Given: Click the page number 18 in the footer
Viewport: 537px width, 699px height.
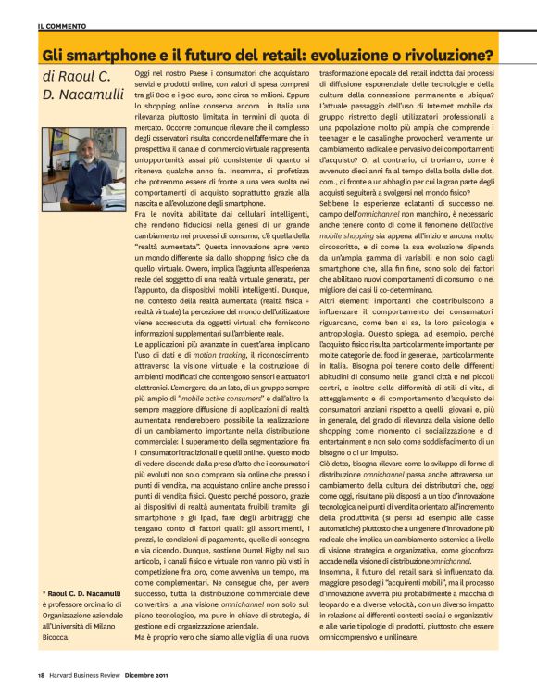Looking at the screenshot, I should [42, 685].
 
